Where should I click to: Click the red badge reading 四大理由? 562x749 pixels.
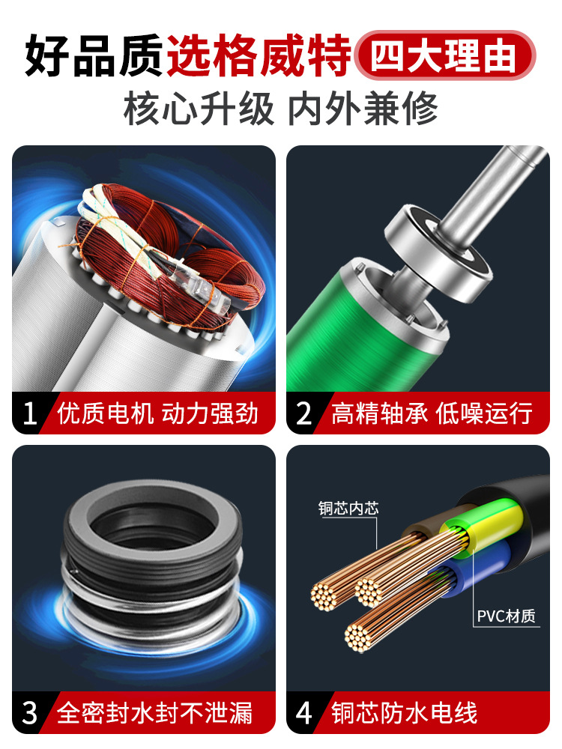pyautogui.click(x=445, y=55)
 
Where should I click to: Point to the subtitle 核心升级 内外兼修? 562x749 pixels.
pyautogui.click(x=281, y=109)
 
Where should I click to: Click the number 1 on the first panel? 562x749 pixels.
pyautogui.click(x=30, y=413)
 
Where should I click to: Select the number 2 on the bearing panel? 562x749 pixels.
pyautogui.click(x=304, y=413)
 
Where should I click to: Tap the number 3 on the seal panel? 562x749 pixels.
pyautogui.click(x=30, y=713)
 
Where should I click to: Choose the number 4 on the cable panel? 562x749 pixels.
pyautogui.click(x=304, y=713)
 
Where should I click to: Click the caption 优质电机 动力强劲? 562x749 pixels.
pyautogui.click(x=157, y=413)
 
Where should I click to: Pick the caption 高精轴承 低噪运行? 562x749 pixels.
pyautogui.click(x=432, y=413)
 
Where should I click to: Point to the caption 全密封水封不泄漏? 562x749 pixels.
pyautogui.click(x=155, y=713)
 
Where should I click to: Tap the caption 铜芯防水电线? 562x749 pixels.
pyautogui.click(x=405, y=713)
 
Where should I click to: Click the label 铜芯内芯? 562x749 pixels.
pyautogui.click(x=348, y=508)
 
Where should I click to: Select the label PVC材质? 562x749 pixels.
pyautogui.click(x=506, y=616)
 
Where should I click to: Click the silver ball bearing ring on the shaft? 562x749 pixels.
pyautogui.click(x=438, y=253)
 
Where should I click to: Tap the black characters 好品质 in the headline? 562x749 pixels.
pyautogui.click(x=94, y=55)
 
